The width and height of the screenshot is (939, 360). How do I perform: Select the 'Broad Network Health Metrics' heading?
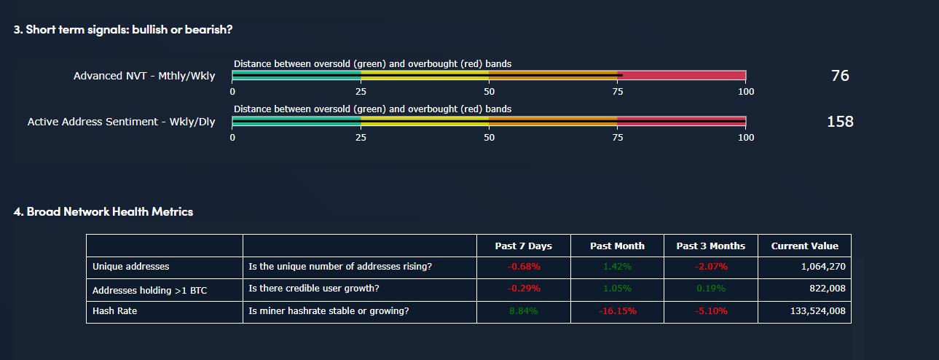103,212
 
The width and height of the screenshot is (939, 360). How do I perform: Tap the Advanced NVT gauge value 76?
840,76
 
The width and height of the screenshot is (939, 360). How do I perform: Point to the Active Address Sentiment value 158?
840,122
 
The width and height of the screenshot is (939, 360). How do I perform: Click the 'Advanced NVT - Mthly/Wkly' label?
144,76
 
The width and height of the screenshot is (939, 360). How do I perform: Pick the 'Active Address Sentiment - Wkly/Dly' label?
121,122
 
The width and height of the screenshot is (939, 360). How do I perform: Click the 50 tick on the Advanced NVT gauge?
489,92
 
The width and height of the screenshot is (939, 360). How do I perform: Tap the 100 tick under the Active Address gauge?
746,138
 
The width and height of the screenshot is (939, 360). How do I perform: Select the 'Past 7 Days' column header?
523,246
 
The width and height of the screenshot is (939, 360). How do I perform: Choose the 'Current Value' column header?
804,246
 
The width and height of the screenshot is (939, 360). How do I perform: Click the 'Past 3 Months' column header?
710,246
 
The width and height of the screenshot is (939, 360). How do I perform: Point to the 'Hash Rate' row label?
114,311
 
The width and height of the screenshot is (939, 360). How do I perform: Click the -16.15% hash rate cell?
617,311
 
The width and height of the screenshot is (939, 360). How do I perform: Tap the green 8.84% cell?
524,311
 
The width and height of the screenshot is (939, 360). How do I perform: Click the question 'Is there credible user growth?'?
314,289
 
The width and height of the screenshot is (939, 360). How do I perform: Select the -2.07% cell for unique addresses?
710,267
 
